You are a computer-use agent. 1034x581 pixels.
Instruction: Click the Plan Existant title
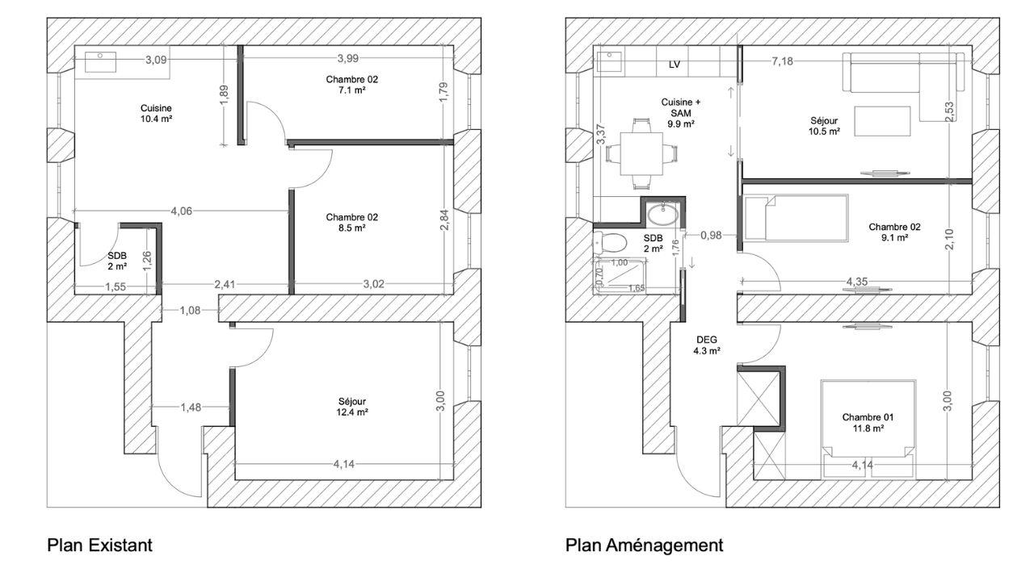[99, 545]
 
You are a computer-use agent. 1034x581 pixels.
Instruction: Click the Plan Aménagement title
[644, 545]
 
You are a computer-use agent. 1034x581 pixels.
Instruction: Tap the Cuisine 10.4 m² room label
[156, 114]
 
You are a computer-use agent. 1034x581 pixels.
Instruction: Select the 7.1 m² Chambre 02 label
[351, 85]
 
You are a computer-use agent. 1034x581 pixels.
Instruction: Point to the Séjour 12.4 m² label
[351, 407]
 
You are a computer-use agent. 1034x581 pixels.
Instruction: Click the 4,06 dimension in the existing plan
[182, 211]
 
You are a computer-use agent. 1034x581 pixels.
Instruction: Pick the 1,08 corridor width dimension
[190, 311]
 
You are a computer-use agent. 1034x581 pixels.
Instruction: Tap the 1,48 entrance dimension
[191, 408]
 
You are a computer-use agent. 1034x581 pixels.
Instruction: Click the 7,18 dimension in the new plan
[782, 61]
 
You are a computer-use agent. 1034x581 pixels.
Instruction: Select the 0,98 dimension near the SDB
[711, 235]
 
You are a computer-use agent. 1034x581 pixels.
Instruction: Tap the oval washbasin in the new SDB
[663, 214]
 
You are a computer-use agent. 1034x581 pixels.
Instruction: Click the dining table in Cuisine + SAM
[641, 153]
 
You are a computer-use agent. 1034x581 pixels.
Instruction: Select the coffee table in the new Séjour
[882, 121]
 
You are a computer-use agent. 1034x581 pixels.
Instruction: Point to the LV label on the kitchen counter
[675, 65]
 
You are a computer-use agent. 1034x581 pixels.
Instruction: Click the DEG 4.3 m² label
[707, 345]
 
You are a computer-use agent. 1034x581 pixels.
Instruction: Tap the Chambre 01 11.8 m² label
[868, 423]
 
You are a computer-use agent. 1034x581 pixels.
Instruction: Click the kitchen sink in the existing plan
[100, 62]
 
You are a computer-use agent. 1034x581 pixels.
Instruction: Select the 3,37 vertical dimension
[600, 134]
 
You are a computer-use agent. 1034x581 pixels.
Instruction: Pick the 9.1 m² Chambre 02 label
[894, 232]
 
